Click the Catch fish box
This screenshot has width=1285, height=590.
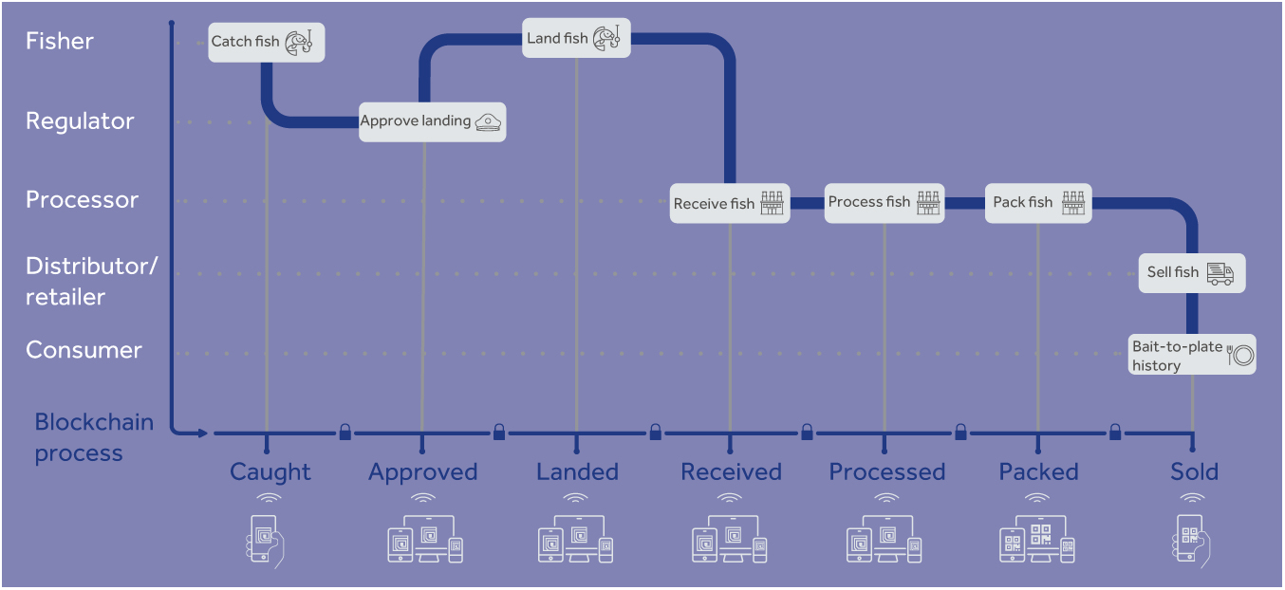(267, 43)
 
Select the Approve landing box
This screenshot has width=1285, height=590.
(432, 121)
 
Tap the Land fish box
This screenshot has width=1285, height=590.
(576, 39)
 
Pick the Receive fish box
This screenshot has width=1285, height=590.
(729, 204)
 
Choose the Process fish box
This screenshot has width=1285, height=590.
(884, 203)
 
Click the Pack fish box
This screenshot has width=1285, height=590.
(1037, 203)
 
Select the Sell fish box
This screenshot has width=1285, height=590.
(1190, 273)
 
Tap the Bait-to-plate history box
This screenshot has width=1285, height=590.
(1192, 355)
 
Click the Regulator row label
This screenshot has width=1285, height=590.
(80, 121)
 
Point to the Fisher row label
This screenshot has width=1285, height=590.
(60, 42)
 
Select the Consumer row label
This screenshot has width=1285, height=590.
(84, 350)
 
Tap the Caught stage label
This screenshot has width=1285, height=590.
(270, 472)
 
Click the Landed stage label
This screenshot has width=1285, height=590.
(577, 472)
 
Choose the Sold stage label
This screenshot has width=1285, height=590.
(1194, 472)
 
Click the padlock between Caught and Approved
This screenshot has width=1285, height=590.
(345, 433)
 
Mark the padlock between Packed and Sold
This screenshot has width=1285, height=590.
(1115, 433)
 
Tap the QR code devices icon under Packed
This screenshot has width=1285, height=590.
(1037, 542)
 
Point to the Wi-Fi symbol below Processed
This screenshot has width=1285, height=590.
(886, 499)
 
